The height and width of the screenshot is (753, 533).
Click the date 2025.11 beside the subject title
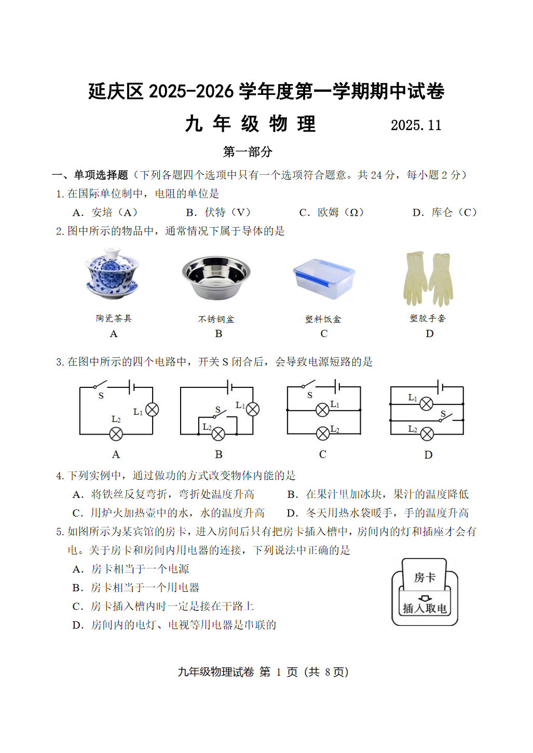416,125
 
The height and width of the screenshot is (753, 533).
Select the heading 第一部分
248,152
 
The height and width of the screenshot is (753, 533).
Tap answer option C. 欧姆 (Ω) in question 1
332,213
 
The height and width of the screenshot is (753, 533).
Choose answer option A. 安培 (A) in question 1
106,213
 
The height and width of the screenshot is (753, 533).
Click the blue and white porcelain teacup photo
112,274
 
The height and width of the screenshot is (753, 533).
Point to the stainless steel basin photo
216,277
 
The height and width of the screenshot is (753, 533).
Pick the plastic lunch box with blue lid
324,278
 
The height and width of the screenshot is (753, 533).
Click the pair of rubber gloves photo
428,279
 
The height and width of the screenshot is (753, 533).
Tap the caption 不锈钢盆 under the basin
216,319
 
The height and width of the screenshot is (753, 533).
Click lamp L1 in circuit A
152,410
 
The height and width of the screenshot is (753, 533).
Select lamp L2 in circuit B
218,434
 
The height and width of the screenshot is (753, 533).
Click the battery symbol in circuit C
337,386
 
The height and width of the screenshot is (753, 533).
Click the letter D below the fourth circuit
428,455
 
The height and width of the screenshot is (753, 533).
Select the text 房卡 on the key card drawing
425,578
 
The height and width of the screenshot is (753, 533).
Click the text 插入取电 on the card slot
425,608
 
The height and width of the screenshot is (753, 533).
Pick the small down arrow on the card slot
425,598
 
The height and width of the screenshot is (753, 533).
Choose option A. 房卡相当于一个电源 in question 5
131,569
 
